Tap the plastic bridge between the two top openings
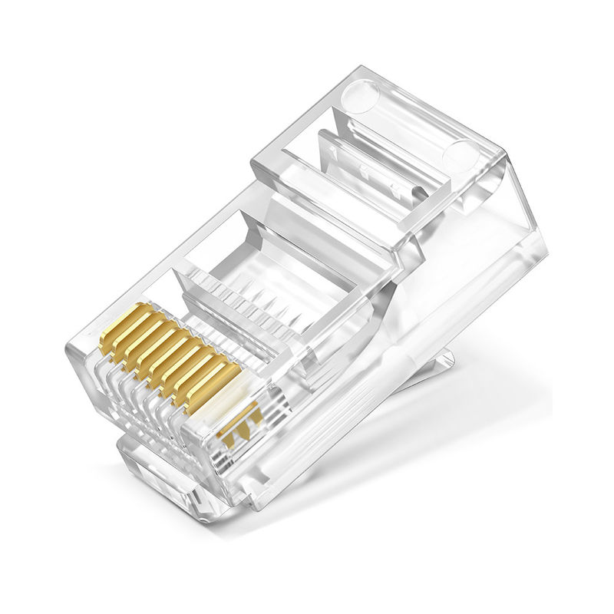coord(338,207)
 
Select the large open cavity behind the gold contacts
coord(292,276)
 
